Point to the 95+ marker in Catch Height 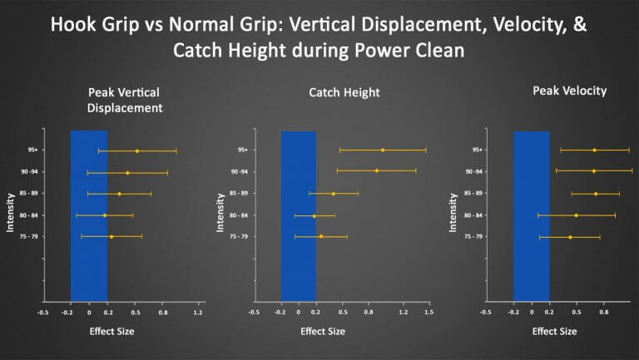point(383,150)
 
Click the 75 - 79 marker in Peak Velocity point(570,237)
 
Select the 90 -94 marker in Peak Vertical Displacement point(127,173)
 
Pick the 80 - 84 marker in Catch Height point(315,216)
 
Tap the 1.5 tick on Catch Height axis point(428,313)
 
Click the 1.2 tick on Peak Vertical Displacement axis point(198,313)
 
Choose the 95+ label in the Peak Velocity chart point(477,150)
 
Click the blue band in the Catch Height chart point(298,216)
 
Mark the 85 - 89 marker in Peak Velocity point(596,194)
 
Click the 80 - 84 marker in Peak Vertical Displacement point(105,215)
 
